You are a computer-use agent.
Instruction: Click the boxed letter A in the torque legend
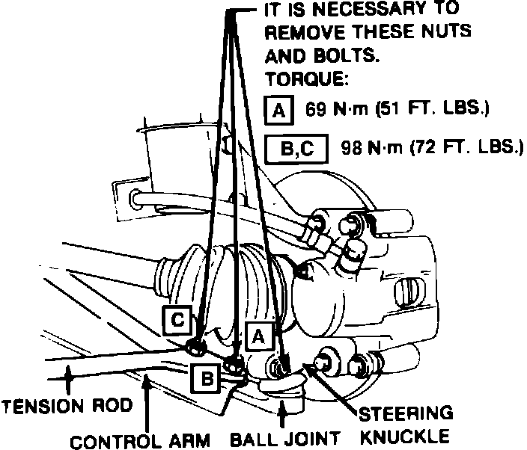pos(278,111)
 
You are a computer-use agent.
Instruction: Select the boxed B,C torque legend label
pos(296,147)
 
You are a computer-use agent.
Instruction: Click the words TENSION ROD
pos(67,407)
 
